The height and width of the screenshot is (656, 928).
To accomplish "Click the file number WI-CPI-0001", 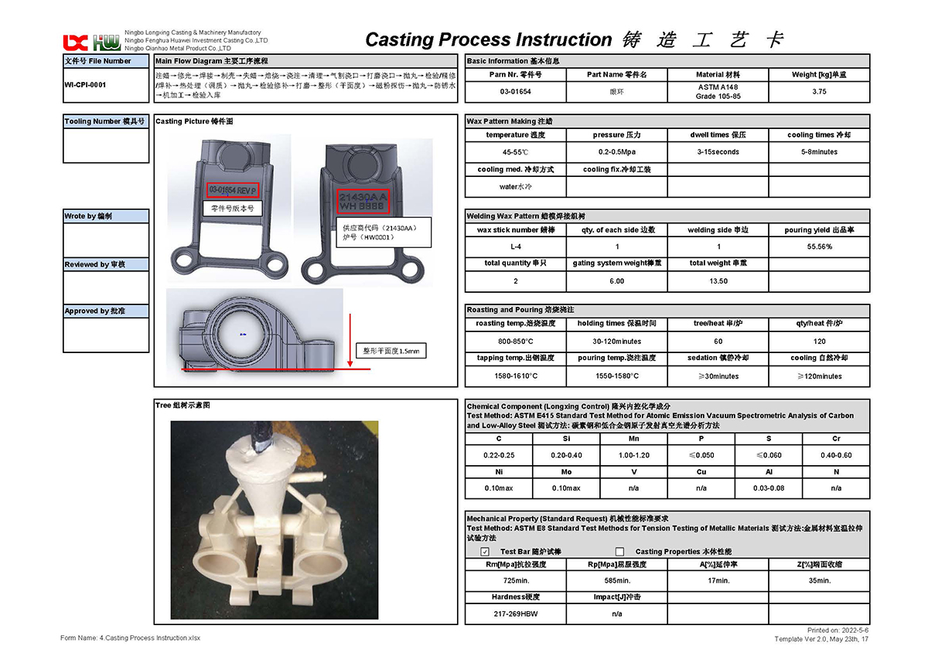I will pyautogui.click(x=86, y=85).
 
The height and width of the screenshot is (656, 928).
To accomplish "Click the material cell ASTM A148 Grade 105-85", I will pyautogui.click(x=718, y=92).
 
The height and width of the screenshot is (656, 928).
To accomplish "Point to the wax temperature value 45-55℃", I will pyautogui.click(x=515, y=152).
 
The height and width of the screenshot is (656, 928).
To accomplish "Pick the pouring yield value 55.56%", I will pyautogui.click(x=819, y=247).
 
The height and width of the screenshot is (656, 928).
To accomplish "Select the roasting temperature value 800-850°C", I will pyautogui.click(x=515, y=342).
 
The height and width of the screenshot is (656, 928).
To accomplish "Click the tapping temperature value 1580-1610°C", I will pyautogui.click(x=515, y=376).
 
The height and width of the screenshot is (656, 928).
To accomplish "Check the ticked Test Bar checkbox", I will pyautogui.click(x=485, y=552).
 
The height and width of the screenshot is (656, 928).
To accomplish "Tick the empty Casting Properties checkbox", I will pyautogui.click(x=619, y=552).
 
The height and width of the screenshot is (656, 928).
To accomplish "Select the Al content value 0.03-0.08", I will pyautogui.click(x=769, y=488).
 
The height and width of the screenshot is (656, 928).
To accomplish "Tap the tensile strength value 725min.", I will pyautogui.click(x=515, y=580).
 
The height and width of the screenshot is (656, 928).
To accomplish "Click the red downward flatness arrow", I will pyautogui.click(x=351, y=340).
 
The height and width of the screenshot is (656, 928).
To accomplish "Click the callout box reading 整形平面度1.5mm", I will pyautogui.click(x=390, y=351).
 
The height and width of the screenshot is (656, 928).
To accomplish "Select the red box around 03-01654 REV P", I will pyautogui.click(x=233, y=190).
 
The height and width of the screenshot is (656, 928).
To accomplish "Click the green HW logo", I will pyautogui.click(x=107, y=42).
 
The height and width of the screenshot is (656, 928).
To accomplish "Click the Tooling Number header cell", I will pyautogui.click(x=105, y=121).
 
